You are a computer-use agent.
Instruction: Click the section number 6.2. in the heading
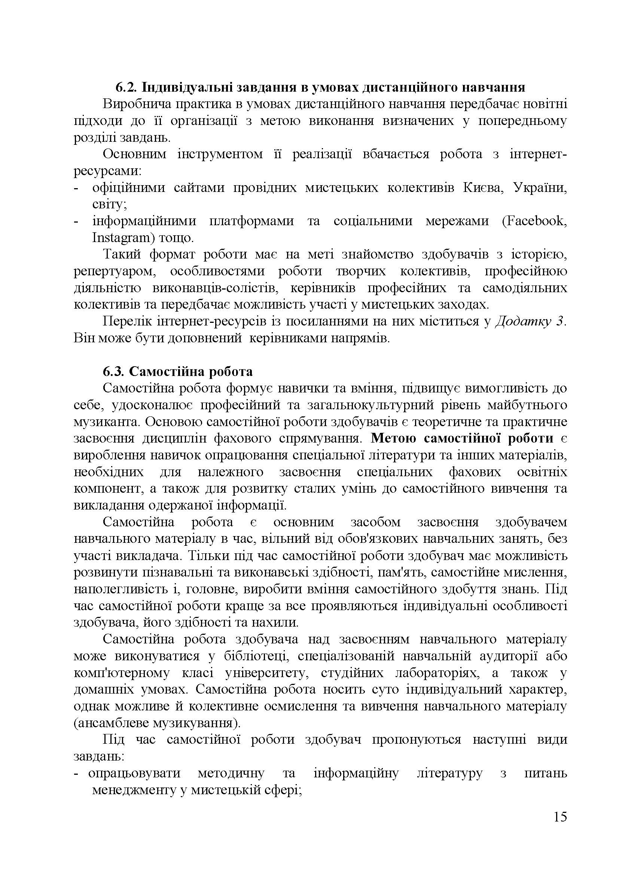[126, 88]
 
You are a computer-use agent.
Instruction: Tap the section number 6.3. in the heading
[114, 371]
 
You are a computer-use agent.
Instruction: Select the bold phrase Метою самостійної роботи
[462, 439]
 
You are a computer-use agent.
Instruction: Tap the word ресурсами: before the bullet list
[108, 171]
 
